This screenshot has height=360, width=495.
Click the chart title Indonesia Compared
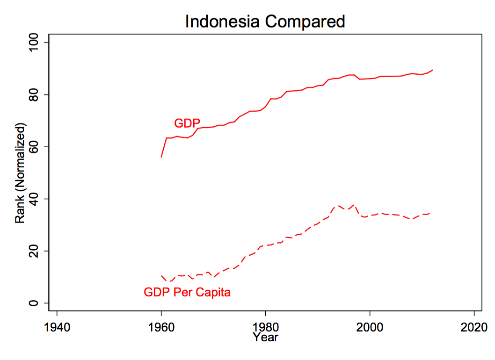pos(265,22)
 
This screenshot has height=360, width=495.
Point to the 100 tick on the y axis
pos(34,43)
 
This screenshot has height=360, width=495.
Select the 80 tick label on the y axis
pos(34,95)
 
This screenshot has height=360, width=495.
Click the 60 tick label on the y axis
pos(34,147)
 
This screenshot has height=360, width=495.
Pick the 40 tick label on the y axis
pos(34,199)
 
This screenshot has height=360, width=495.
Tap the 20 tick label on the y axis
pos(34,251)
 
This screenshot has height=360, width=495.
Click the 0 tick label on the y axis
pos(34,303)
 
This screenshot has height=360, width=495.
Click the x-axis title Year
pos(265,337)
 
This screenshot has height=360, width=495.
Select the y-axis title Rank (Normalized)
pos(20,173)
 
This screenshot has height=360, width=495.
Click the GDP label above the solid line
pos(187,123)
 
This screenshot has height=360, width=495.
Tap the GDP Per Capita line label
pos(187,293)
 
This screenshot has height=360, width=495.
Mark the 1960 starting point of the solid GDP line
pos(161,157)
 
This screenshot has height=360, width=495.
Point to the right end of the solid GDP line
pos(433,70)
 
